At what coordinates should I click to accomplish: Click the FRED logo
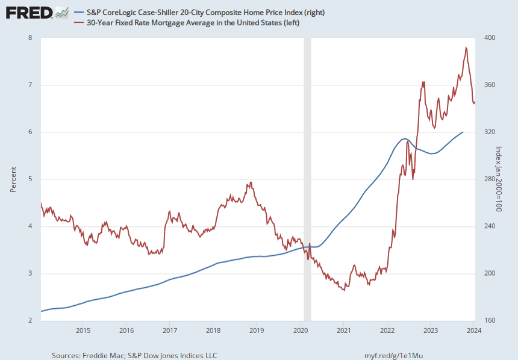(x=37, y=13)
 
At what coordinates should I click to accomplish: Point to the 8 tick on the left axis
(x=30, y=38)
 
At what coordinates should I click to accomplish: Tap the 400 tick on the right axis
(x=490, y=38)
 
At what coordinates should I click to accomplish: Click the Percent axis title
(x=13, y=179)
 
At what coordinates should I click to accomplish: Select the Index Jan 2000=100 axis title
(x=499, y=179)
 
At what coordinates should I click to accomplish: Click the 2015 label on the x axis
(x=83, y=331)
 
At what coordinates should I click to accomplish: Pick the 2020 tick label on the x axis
(x=301, y=331)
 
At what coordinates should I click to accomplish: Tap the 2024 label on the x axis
(x=475, y=331)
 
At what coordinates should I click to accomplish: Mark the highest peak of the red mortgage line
(x=466, y=48)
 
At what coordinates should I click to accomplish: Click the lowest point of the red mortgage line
(x=345, y=290)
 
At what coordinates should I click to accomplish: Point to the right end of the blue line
(x=463, y=132)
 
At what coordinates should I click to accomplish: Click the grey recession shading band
(x=307, y=179)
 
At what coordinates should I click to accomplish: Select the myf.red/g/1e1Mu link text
(x=393, y=356)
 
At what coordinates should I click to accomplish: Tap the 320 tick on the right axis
(x=490, y=132)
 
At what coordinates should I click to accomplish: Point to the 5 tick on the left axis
(x=30, y=179)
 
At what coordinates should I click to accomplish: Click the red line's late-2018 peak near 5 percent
(x=251, y=182)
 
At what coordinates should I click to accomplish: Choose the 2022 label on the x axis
(x=387, y=331)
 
